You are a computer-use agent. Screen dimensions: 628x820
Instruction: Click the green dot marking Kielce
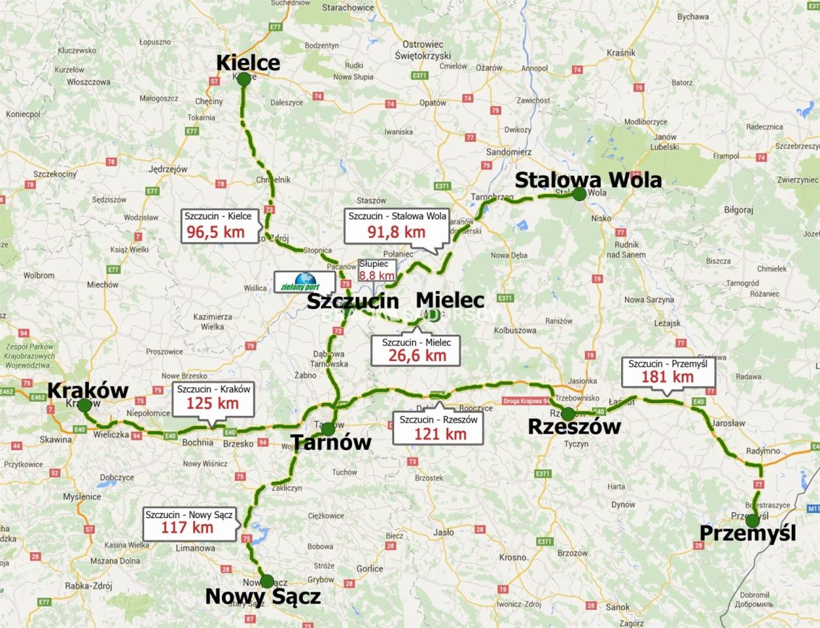tap(243, 79)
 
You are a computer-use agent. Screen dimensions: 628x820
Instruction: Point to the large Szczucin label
tap(353, 302)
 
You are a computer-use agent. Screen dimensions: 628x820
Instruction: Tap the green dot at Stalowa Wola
tap(579, 194)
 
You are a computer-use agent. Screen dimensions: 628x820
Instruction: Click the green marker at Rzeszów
tap(568, 413)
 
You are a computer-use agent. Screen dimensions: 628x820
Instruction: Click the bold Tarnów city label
tap(331, 442)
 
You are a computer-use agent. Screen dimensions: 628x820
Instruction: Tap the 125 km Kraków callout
tap(213, 397)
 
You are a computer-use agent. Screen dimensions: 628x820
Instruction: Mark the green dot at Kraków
tap(84, 405)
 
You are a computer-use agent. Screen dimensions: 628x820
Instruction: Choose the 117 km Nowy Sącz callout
tap(189, 521)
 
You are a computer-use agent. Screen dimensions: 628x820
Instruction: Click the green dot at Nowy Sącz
tap(267, 581)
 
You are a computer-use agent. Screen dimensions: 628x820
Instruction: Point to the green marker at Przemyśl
tap(753, 521)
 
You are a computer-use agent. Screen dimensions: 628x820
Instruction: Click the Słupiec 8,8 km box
tap(376, 270)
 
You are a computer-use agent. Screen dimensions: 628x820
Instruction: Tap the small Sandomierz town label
tap(508, 152)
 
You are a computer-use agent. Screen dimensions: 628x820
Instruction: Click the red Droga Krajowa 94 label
tap(526, 401)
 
